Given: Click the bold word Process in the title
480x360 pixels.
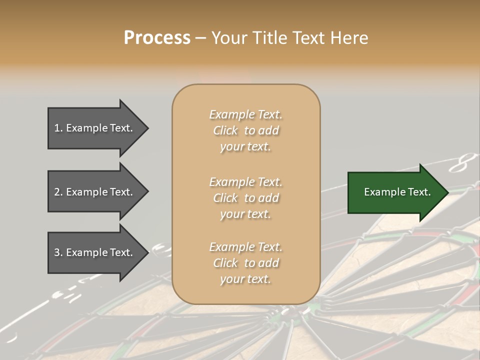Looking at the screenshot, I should (157, 38).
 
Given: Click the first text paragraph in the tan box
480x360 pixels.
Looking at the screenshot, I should (245, 130).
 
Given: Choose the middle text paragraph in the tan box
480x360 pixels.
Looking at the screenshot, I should (245, 198).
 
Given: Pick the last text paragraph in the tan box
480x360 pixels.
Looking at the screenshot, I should (245, 263).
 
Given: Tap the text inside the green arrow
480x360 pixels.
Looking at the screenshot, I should (397, 192).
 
